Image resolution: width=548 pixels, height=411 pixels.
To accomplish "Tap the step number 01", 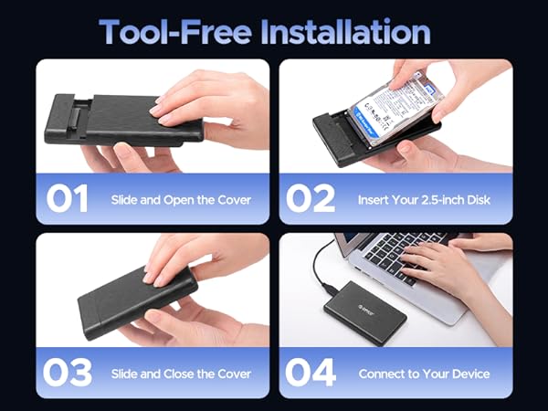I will [68, 198].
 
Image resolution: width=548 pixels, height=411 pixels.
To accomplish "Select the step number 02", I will [312, 198].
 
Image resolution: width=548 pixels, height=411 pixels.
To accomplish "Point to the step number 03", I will [69, 372].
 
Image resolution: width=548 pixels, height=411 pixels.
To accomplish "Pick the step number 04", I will [312, 372].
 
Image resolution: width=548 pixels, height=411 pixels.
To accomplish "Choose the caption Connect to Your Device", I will [424, 373].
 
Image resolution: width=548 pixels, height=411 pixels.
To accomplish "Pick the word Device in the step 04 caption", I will [470, 373].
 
